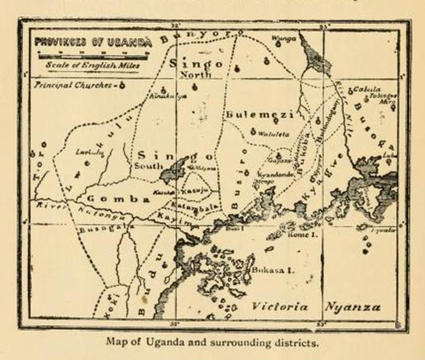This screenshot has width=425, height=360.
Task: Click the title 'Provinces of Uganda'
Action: point(92,42)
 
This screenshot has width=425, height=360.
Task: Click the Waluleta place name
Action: point(274,134)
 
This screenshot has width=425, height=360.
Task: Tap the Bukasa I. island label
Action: point(272,271)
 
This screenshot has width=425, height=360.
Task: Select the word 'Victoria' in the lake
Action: point(280,306)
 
